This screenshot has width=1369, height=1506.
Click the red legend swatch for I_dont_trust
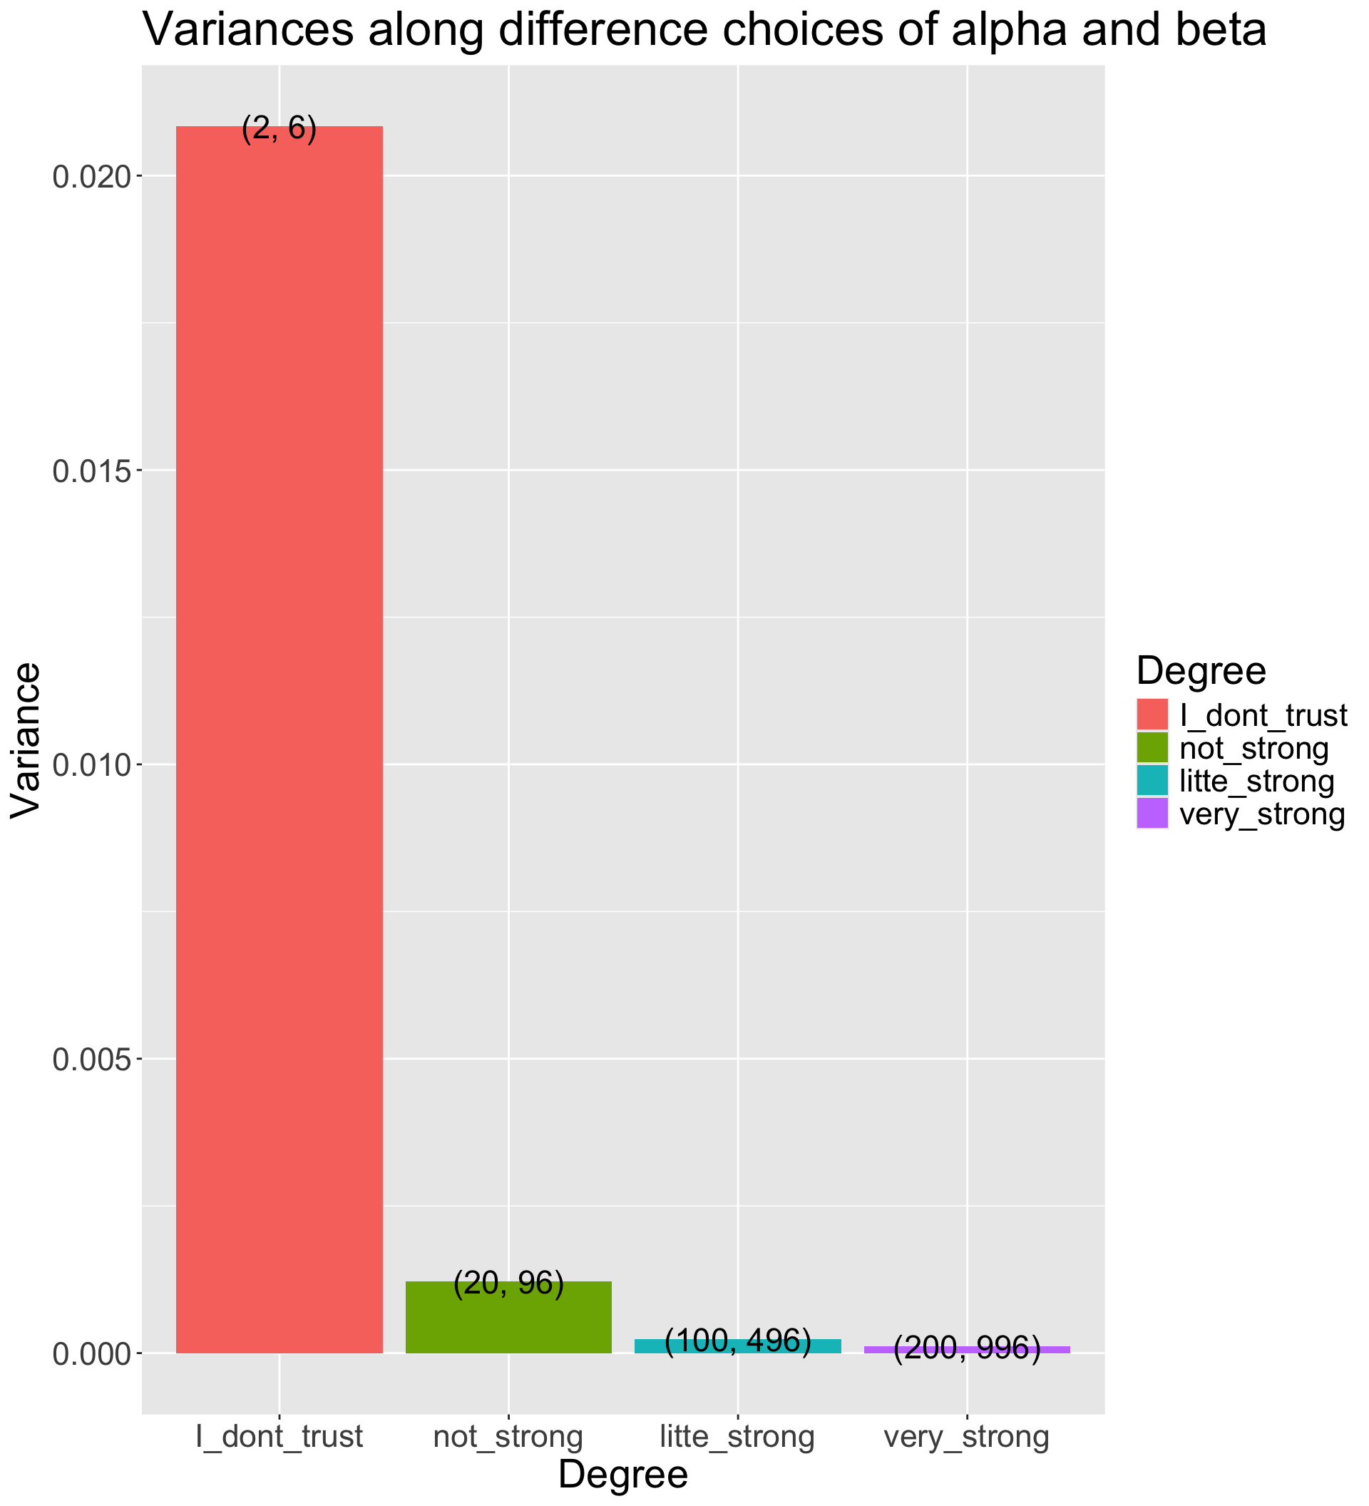click(x=1152, y=715)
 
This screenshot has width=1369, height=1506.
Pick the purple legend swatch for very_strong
click(x=1152, y=814)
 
